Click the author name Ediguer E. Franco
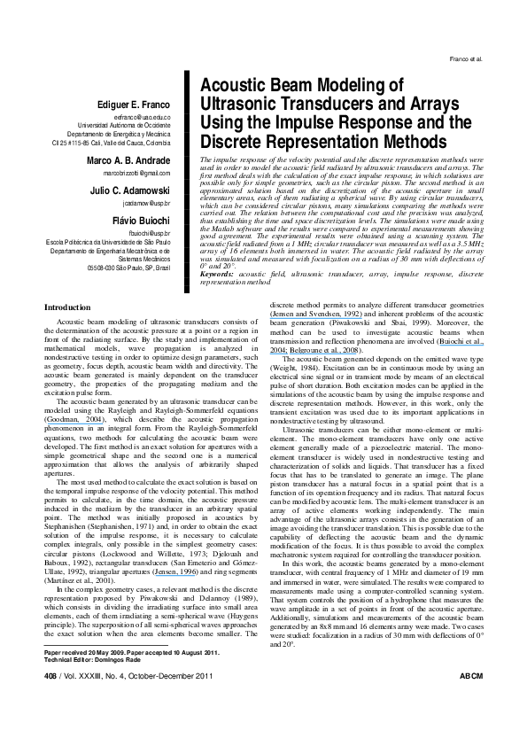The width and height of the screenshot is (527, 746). coord(132,104)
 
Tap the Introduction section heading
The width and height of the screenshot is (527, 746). coord(67,258)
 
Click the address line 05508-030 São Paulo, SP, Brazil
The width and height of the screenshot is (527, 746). coord(128,267)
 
